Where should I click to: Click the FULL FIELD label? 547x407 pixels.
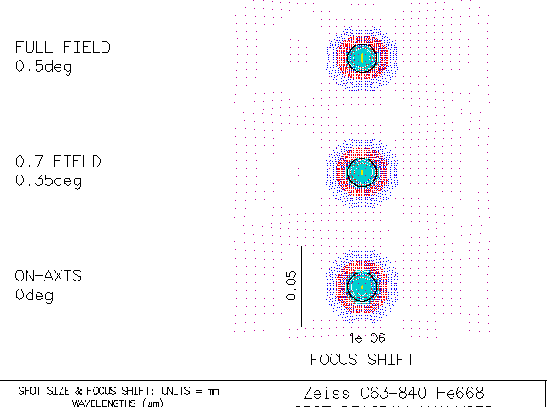pyautogui.click(x=62, y=47)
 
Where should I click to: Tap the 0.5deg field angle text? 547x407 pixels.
pyautogui.click(x=44, y=67)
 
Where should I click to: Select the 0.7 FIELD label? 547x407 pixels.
pyautogui.click(x=58, y=162)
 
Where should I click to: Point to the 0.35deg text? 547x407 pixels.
pyautogui.click(x=48, y=181)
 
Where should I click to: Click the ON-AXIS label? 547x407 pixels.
pyautogui.click(x=48, y=276)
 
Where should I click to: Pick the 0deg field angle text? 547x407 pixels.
pyautogui.click(x=34, y=295)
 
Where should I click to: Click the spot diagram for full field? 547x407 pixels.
pyautogui.click(x=361, y=57)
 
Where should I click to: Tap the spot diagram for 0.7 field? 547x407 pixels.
pyautogui.click(x=361, y=171)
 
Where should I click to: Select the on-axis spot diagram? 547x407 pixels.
pyautogui.click(x=361, y=286)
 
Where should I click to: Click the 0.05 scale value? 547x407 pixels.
pyautogui.click(x=291, y=286)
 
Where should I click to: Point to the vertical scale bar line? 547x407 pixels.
pyautogui.click(x=302, y=286)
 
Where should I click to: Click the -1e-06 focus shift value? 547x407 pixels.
pyautogui.click(x=362, y=338)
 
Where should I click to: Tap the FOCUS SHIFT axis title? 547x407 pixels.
pyautogui.click(x=362, y=360)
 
